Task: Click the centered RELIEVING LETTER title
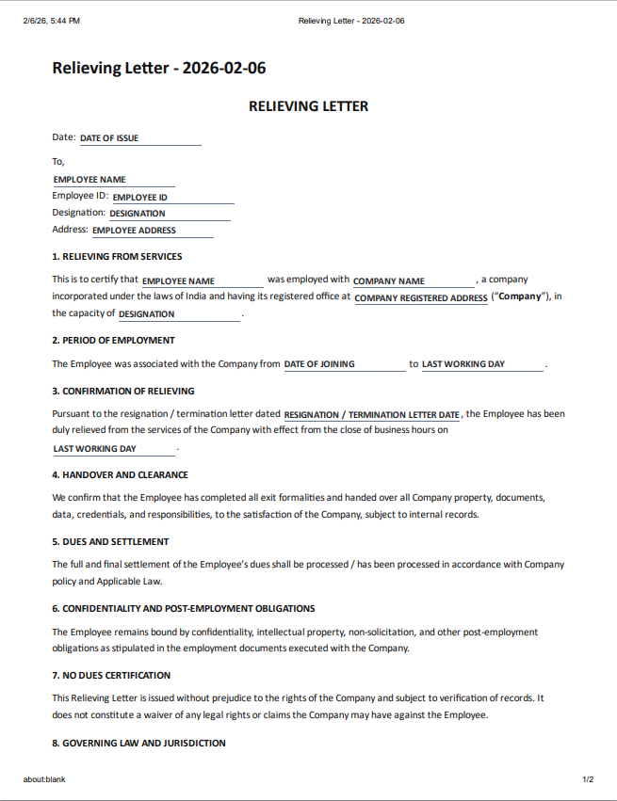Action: [308, 106]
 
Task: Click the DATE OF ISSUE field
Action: [139, 138]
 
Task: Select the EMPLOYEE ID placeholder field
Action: [172, 198]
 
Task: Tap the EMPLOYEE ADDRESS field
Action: [152, 230]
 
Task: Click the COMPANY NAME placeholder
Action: [414, 280]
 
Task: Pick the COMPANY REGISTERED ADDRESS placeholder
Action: [421, 297]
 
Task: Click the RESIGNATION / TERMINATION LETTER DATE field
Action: [372, 414]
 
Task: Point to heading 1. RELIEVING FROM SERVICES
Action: [117, 256]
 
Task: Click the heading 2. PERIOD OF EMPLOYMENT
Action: [113, 340]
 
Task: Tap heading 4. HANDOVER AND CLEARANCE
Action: [120, 474]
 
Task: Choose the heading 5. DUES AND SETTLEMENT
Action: [110, 541]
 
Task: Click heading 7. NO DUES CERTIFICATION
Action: [111, 675]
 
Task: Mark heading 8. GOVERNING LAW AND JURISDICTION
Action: [138, 743]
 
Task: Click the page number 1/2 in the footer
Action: [588, 779]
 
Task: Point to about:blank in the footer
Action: [44, 779]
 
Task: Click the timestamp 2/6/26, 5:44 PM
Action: [51, 21]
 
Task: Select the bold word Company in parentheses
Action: [520, 296]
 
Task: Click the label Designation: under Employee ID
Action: [78, 213]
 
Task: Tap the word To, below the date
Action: [58, 161]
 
